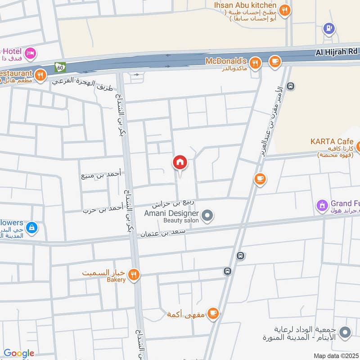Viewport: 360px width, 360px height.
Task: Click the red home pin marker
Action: click(180, 162)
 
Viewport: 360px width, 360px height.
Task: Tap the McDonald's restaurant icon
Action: click(255, 63)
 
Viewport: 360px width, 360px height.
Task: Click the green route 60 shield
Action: click(60, 67)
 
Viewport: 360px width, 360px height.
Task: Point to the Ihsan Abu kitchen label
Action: click(245, 5)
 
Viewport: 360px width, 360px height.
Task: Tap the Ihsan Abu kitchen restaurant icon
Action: click(284, 10)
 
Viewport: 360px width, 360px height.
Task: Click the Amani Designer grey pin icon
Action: click(207, 216)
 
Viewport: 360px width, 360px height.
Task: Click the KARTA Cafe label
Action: click(332, 141)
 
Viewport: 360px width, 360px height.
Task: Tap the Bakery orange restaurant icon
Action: click(133, 274)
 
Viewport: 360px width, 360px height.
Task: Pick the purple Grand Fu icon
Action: click(322, 206)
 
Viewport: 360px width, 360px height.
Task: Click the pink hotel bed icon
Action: click(31, 54)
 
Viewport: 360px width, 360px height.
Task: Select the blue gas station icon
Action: click(329, 29)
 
